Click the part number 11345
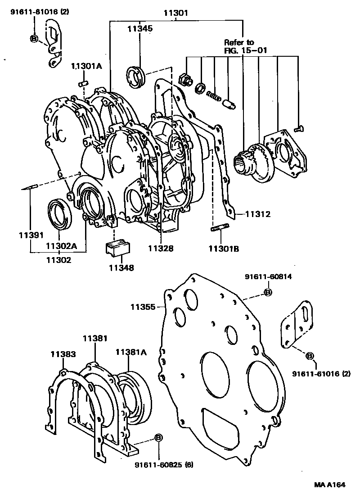click(x=139, y=28)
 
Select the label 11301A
click(x=87, y=66)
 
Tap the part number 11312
click(x=257, y=214)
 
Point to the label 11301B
click(x=223, y=248)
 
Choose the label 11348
click(x=121, y=268)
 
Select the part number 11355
click(x=143, y=307)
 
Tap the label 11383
click(x=63, y=354)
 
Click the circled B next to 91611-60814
click(x=268, y=293)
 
